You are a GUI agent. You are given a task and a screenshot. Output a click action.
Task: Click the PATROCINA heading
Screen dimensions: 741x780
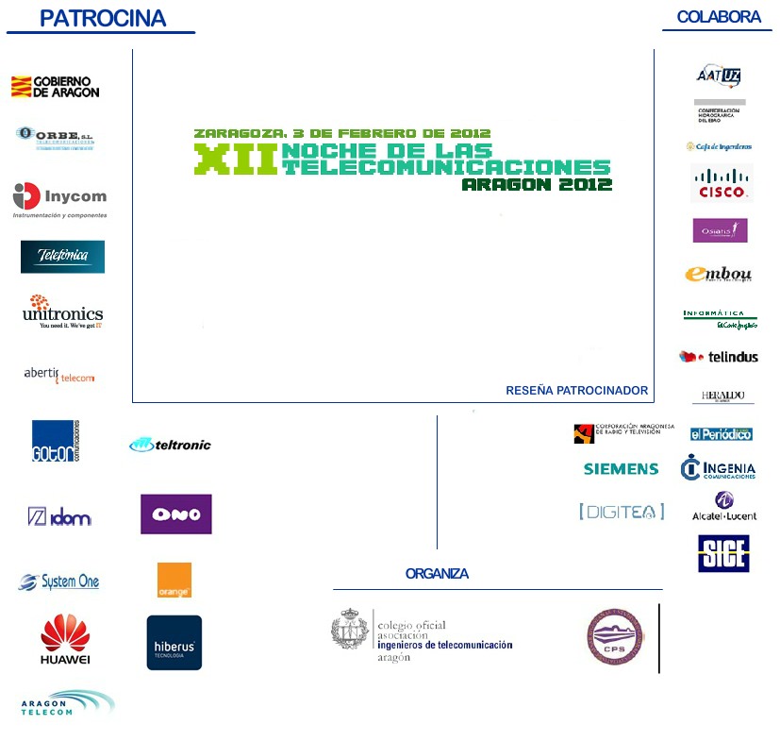coord(103,18)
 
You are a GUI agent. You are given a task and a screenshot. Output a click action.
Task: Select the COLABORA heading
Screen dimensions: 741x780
coord(719,17)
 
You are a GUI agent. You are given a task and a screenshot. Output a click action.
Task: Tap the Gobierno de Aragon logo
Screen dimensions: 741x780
coord(55,87)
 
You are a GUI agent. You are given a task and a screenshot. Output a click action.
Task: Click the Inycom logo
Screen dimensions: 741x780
coord(59,198)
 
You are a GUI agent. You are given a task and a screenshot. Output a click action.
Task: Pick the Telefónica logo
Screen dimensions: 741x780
coord(62,256)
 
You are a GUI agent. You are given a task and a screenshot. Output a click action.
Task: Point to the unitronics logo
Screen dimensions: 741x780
coord(63,312)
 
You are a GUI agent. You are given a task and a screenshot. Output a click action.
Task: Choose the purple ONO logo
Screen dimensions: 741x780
coord(176,514)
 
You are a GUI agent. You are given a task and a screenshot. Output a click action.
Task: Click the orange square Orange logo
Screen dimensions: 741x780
coord(174,580)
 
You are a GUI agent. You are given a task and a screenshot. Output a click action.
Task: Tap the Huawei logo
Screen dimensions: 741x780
coord(65,639)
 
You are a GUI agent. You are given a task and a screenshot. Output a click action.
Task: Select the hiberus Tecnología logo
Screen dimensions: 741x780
coord(174,643)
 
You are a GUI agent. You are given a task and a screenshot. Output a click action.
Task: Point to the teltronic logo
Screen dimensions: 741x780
coord(171,445)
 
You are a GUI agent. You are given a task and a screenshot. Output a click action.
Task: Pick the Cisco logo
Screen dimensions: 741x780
coord(722,182)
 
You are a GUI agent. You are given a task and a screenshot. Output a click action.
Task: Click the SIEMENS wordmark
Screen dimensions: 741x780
coord(621,469)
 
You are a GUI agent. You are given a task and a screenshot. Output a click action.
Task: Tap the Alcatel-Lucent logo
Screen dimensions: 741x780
coord(724,506)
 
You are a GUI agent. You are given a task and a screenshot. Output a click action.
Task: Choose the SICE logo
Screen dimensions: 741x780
coord(723,553)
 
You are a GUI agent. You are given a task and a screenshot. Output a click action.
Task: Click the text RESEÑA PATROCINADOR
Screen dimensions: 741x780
coord(576,390)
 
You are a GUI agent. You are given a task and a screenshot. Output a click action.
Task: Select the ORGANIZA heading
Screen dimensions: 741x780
coord(437,574)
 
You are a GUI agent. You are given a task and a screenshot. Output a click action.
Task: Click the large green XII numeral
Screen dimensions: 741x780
coord(236,159)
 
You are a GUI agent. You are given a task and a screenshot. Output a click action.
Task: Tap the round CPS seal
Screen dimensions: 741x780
coord(615,636)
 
